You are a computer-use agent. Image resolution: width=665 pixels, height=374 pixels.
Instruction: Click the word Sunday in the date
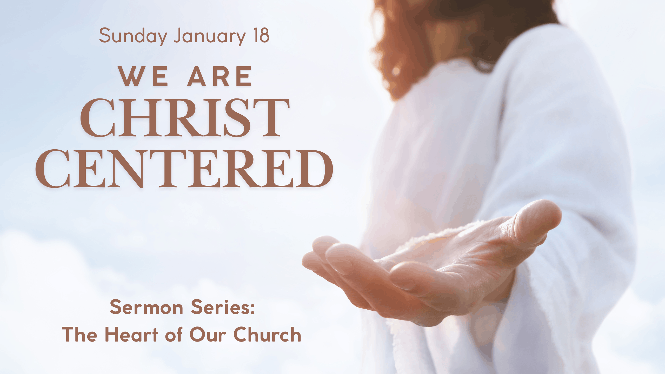(133, 36)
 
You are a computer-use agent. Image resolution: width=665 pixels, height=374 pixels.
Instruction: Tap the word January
(210, 36)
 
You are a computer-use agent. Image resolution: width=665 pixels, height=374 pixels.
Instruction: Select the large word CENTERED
(184, 169)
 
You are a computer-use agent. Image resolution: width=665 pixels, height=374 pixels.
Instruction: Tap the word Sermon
(147, 307)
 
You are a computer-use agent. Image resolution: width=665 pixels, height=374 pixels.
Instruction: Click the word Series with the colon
(223, 307)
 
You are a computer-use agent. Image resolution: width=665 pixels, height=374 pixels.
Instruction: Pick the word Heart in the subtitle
(131, 334)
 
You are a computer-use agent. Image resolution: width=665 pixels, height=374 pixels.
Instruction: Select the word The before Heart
(79, 334)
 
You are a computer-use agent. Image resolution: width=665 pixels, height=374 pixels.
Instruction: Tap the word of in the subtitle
(174, 334)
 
